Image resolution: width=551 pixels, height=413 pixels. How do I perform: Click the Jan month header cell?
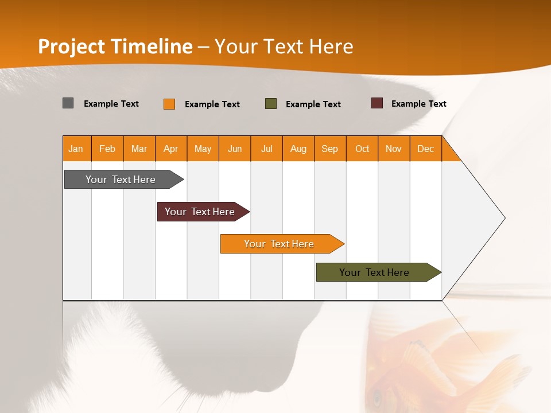pyautogui.click(x=76, y=149)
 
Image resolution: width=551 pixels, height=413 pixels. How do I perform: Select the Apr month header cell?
pyautogui.click(x=171, y=149)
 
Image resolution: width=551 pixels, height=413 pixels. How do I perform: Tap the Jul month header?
pyautogui.click(x=266, y=149)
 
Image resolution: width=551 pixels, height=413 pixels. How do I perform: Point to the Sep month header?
pyautogui.click(x=330, y=149)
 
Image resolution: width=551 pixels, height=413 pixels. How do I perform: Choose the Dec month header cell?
pyautogui.click(x=425, y=149)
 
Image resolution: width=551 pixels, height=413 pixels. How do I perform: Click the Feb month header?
pyautogui.click(x=107, y=149)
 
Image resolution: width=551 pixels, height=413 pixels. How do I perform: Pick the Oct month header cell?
pyautogui.click(x=362, y=149)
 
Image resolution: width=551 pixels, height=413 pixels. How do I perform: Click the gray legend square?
pyautogui.click(x=68, y=103)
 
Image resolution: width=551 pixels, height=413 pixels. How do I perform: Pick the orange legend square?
pyautogui.click(x=169, y=104)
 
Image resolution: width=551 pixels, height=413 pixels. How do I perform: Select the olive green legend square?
pyautogui.click(x=271, y=104)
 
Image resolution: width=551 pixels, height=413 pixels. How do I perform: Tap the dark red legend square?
pyautogui.click(x=377, y=103)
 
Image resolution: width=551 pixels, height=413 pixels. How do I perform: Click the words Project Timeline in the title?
pyautogui.click(x=115, y=46)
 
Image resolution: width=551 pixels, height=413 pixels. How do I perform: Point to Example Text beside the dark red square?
pyautogui.click(x=418, y=104)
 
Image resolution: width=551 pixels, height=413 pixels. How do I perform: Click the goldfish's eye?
pyautogui.click(x=377, y=396)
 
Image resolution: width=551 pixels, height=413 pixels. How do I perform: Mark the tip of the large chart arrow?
pyautogui.click(x=505, y=218)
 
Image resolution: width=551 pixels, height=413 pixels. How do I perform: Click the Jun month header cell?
pyautogui.click(x=235, y=149)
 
